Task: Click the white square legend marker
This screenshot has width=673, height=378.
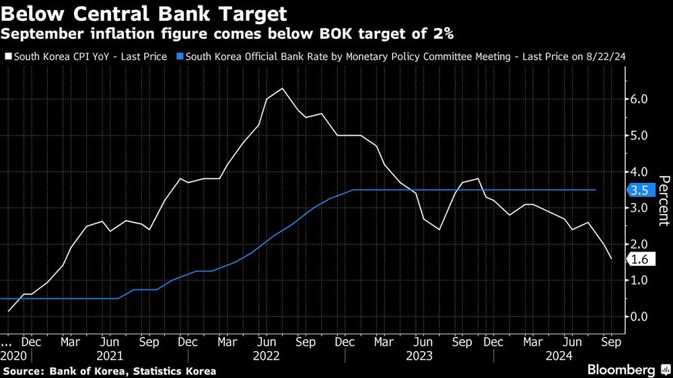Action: click(7, 57)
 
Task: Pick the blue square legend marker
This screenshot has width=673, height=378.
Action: click(179, 57)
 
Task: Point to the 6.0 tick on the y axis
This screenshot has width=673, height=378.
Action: click(639, 99)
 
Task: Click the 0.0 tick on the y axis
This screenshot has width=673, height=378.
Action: click(639, 316)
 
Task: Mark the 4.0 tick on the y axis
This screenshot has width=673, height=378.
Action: click(639, 172)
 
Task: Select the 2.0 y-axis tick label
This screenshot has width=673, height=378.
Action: click(639, 243)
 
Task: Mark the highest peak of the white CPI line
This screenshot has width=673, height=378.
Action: click(282, 88)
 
